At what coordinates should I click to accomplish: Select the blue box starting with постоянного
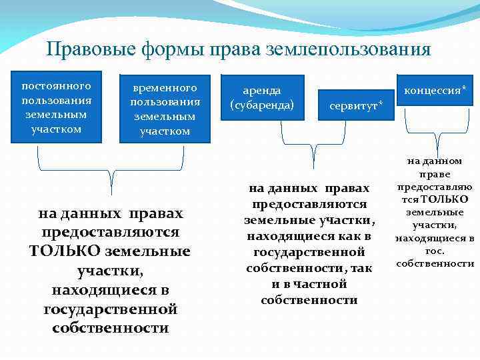coord(56,107)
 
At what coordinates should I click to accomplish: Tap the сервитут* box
coord(355,106)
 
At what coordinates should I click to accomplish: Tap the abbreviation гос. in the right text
coord(435,251)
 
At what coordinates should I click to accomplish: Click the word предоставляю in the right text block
coord(435,187)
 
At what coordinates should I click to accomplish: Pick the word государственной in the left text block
coord(110,309)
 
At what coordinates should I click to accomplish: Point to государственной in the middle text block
coord(309,252)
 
